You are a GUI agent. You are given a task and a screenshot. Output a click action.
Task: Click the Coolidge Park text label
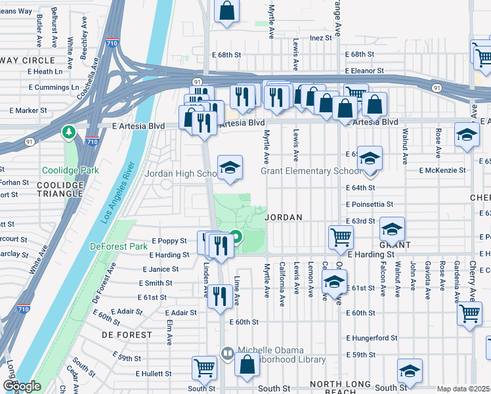point(70,170)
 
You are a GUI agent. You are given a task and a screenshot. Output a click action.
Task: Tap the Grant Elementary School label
point(310,171)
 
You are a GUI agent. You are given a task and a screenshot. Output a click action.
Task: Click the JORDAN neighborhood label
point(283,217)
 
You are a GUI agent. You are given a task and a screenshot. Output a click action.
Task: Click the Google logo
point(22,386)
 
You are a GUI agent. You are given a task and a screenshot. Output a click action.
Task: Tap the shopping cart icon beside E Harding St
point(341,237)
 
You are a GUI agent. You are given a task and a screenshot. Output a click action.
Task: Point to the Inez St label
point(321,38)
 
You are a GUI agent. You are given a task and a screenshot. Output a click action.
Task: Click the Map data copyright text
point(463,389)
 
